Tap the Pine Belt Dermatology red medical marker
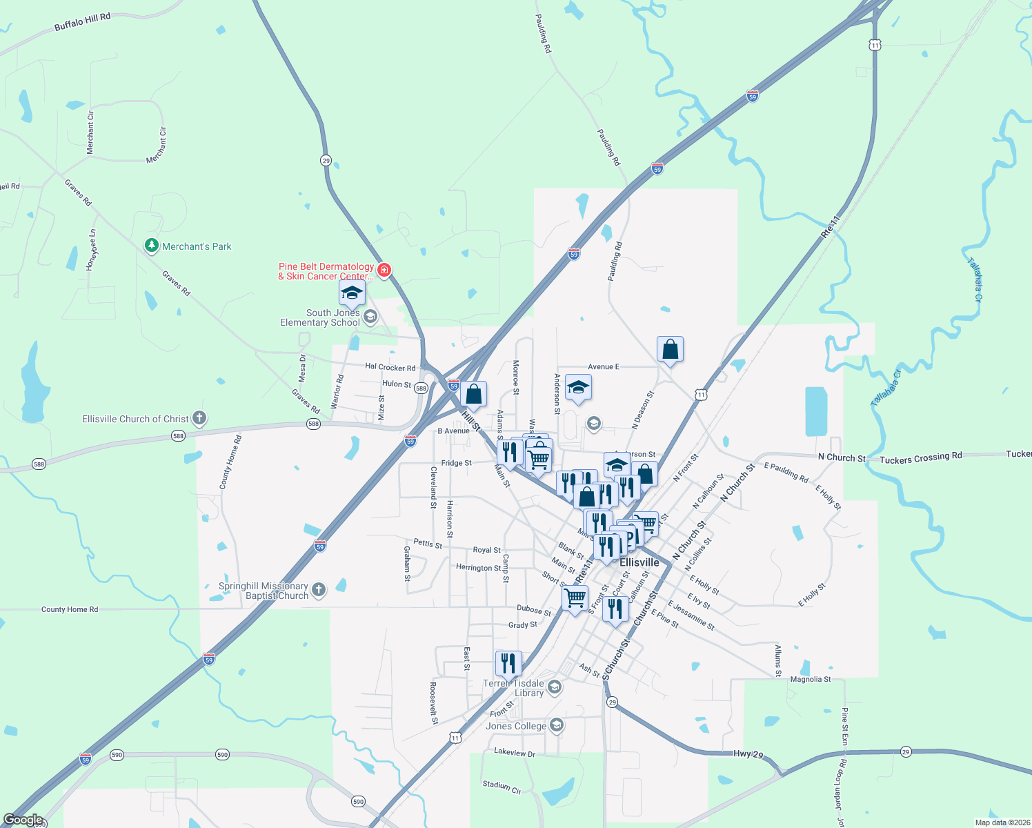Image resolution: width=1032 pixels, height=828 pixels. tap(384, 270)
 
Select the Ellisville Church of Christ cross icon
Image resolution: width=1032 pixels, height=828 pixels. tap(199, 418)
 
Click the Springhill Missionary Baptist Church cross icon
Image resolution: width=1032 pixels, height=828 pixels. tap(318, 589)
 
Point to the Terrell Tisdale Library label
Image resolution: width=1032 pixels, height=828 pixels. tap(514, 688)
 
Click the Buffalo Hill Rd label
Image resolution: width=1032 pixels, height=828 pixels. tap(82, 22)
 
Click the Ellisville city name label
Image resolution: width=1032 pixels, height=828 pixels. tap(639, 562)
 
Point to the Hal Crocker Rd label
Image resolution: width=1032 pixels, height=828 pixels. tap(390, 368)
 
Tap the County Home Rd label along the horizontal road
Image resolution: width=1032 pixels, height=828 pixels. tap(70, 609)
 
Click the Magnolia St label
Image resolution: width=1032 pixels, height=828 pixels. tap(811, 679)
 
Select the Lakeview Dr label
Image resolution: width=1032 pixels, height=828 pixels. tap(515, 753)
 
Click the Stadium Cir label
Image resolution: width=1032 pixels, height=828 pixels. tap(502, 786)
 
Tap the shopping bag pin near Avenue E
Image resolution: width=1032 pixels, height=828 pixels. tap(670, 351)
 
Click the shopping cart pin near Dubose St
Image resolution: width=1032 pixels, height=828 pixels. tap(575, 598)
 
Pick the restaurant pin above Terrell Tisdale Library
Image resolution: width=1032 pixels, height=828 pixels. tap(508, 664)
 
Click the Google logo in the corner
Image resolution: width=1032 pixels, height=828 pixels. tap(23, 820)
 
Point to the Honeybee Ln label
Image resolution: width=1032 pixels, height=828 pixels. tap(91, 250)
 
